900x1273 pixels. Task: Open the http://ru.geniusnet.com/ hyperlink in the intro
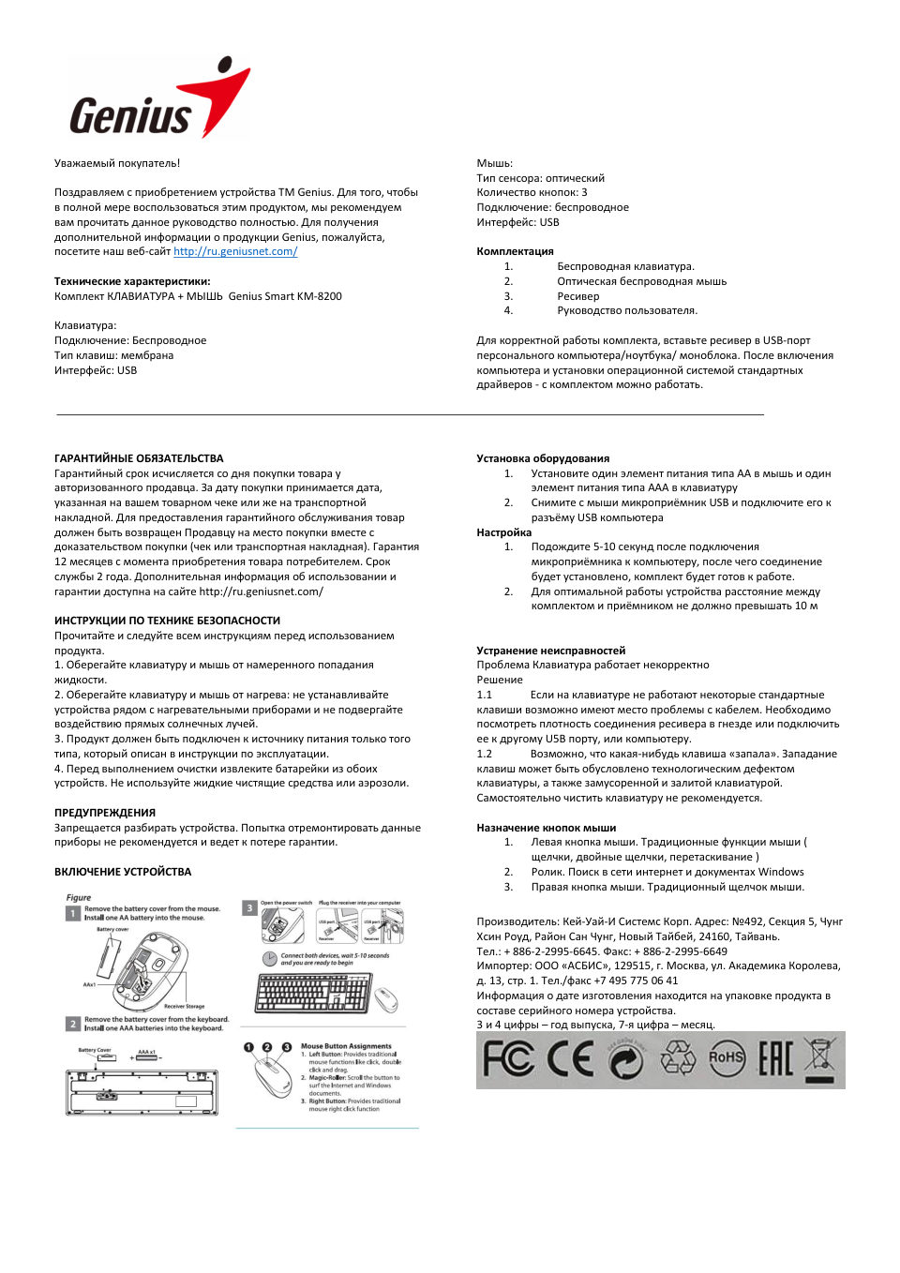click(235, 251)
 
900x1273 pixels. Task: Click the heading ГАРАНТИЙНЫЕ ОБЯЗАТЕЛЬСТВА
click(139, 458)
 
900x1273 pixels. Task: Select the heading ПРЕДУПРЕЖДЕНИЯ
click(105, 813)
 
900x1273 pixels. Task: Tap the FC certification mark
click(507, 1059)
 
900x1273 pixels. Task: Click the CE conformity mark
click(570, 1059)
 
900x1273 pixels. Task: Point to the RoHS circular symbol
click(727, 1058)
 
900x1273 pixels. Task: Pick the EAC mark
click(775, 1059)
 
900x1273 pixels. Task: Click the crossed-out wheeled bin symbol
click(820, 1058)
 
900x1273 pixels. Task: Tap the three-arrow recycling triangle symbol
click(678, 1059)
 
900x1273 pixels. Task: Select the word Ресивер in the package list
click(577, 296)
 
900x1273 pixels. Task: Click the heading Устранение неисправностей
click(550, 651)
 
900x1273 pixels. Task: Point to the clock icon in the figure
click(269, 959)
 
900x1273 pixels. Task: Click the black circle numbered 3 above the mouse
click(287, 1047)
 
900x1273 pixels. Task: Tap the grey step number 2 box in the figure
click(72, 1024)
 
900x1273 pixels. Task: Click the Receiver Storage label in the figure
click(184, 1006)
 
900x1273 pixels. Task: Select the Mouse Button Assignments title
click(346, 1046)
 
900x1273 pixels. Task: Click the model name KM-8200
click(320, 296)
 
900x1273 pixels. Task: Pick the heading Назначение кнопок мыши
click(546, 828)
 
